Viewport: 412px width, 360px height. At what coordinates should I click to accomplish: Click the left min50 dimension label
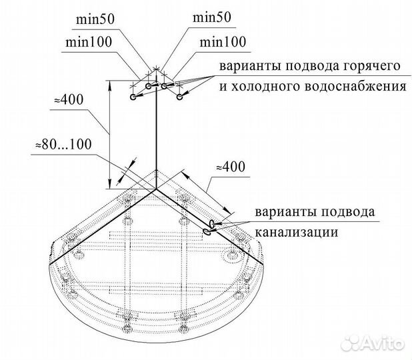pos(95,19)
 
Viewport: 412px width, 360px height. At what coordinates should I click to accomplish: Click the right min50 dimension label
pos(212,17)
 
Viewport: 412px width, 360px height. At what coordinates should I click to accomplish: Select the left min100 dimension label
pos(89,42)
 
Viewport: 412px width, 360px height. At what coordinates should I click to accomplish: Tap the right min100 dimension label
pos(223,42)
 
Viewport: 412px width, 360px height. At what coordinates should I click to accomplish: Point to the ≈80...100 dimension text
pos(64,144)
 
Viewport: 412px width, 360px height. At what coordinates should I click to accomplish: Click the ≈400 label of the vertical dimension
pos(69,100)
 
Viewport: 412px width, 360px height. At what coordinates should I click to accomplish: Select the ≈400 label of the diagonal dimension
pos(231,167)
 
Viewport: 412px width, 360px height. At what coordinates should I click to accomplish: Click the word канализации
pos(297,232)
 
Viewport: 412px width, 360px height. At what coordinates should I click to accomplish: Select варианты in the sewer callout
pos(284,212)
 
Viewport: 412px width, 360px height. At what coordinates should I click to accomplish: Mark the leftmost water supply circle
pos(133,97)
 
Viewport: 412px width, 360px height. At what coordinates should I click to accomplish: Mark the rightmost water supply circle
pos(179,97)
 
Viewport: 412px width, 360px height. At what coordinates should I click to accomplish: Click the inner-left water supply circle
pos(148,86)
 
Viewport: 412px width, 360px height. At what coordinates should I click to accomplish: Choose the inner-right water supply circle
pos(164,86)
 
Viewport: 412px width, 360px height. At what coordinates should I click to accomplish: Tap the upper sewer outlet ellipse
pos(211,224)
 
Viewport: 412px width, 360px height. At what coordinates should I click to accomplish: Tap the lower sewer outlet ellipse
pos(207,232)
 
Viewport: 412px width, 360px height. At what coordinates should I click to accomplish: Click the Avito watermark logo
pos(373,343)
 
